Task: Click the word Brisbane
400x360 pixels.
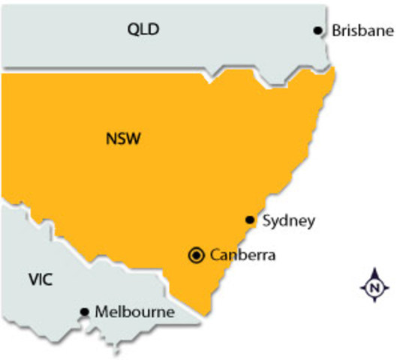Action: click(x=362, y=31)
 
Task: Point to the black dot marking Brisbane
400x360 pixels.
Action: click(x=318, y=31)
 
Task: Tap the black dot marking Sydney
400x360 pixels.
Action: click(x=251, y=220)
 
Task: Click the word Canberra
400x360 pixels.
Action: click(x=243, y=255)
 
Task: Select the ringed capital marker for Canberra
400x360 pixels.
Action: click(x=197, y=255)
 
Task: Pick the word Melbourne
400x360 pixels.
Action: click(x=135, y=311)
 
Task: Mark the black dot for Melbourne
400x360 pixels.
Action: click(x=84, y=311)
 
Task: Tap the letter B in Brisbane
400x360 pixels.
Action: click(x=335, y=31)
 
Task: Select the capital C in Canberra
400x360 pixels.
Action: click(x=215, y=255)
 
